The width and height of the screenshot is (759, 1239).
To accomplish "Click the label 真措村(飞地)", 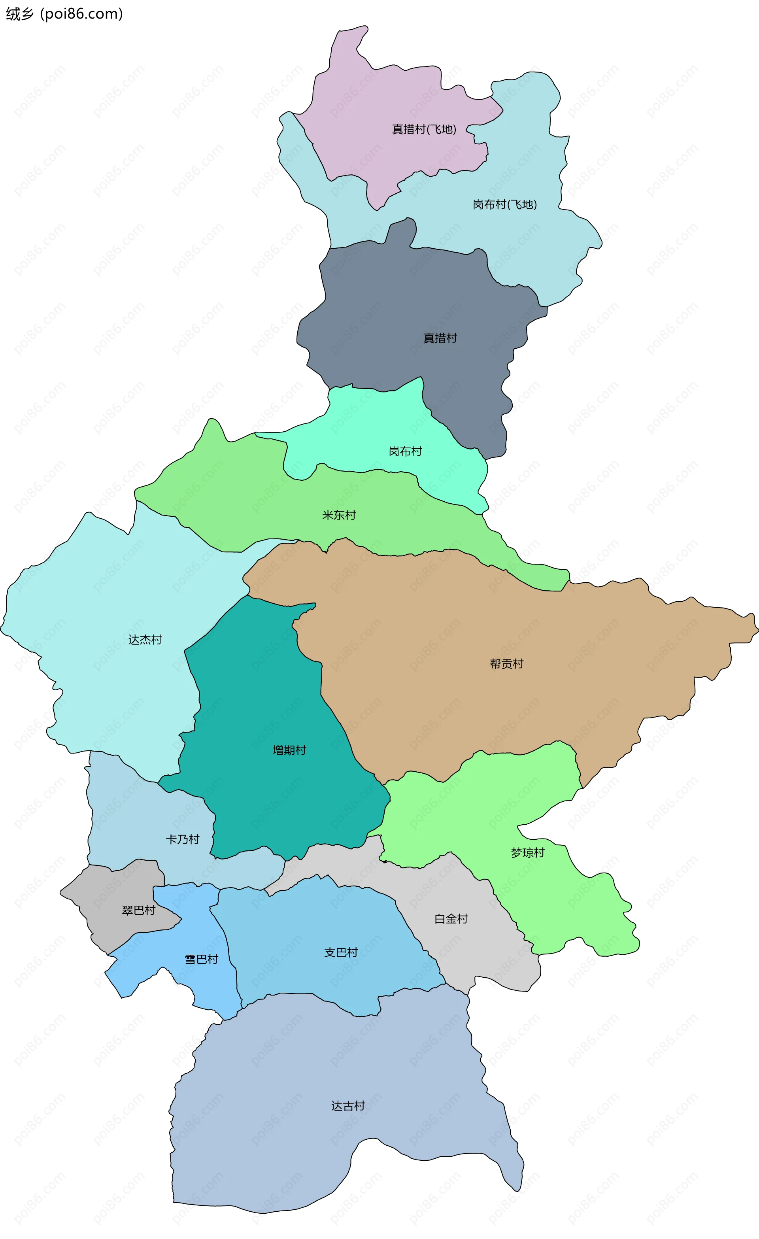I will (424, 129).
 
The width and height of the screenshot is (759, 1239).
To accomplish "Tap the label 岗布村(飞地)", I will (505, 204).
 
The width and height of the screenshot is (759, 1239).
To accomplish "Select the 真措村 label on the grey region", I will (440, 338).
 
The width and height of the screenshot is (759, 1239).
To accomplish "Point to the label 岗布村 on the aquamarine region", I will (405, 451).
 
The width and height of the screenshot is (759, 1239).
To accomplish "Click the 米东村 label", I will (339, 515).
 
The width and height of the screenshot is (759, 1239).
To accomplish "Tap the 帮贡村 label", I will (507, 664).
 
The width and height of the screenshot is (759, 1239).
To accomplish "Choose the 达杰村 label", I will (145, 640).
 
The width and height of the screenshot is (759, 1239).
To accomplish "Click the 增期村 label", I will (289, 750).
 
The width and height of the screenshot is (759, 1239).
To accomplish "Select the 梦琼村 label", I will (528, 852).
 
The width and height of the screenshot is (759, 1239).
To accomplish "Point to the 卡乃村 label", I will (183, 839).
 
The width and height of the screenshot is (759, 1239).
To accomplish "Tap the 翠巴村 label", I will (138, 910).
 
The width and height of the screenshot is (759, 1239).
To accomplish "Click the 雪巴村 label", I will (201, 959).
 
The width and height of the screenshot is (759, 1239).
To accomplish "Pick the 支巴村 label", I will (341, 952).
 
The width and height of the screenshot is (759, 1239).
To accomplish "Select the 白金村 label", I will (451, 919).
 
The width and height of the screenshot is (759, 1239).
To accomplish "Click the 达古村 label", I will (348, 1106).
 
